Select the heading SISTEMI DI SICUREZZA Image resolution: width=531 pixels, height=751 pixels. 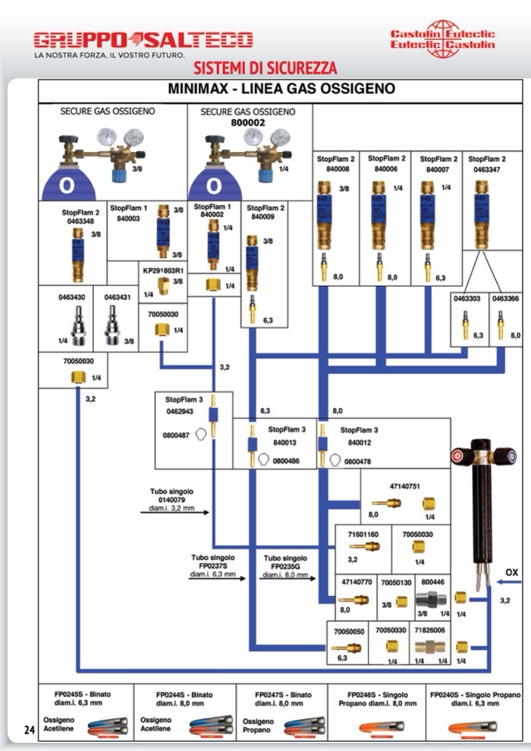[x=265, y=67]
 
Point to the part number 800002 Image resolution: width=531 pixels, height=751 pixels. [x=248, y=122]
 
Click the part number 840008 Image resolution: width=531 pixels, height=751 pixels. [x=337, y=168]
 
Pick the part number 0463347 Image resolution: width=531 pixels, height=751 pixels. [x=486, y=168]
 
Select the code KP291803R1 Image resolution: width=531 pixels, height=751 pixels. [x=162, y=271]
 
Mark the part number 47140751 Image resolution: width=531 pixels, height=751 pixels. [x=405, y=486]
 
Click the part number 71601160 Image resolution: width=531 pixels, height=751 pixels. [x=363, y=533]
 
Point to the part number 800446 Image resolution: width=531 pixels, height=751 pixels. [x=432, y=582]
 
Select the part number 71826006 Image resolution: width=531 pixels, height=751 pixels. [x=430, y=629]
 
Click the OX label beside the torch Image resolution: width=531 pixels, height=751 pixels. [x=511, y=572]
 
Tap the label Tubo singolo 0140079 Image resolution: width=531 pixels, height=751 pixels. [x=172, y=496]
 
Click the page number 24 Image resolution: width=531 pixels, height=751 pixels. [x=29, y=731]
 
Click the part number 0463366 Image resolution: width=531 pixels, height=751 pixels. [x=505, y=298]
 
